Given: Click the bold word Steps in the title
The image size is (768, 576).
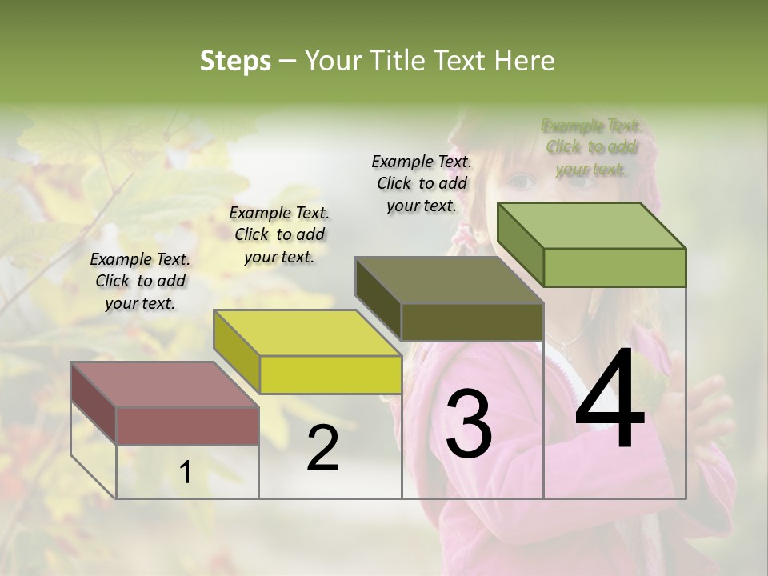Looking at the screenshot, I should pos(235,61).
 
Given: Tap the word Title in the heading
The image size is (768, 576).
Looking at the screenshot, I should pos(394,61).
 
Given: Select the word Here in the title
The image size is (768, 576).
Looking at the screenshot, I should pos(525,61).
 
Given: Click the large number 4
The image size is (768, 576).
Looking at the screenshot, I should pos(610,402).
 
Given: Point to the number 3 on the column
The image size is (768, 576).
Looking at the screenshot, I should pos(468,424).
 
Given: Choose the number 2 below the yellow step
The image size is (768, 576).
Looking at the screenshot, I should pos(322,448).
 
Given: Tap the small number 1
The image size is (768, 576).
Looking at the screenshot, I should pos(186,473).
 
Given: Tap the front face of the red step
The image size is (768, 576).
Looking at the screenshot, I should pos(187,426).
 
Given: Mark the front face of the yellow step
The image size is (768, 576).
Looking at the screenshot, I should pos(330,374).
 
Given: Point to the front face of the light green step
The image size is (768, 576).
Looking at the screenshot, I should pos(614,267).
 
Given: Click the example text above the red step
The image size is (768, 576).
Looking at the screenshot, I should pos(140,281).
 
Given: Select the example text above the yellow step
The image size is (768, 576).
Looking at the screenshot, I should pos(279,234).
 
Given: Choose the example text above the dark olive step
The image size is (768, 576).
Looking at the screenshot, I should pos(422,183).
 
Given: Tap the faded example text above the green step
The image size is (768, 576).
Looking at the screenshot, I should pos(591,147).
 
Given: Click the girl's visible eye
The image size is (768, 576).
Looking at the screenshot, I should pos(522,182).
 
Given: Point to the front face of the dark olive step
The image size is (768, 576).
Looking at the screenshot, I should pos(472,322).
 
